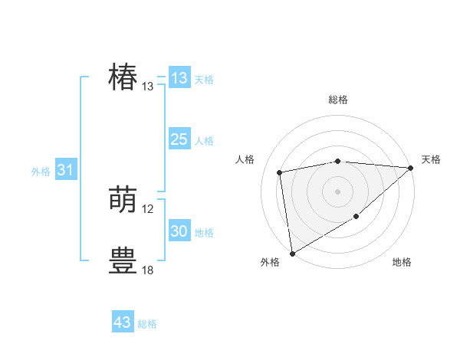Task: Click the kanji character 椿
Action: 123,78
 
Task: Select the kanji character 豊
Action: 123,260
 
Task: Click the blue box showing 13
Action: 179,78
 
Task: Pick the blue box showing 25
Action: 179,139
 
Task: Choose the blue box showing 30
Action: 179,231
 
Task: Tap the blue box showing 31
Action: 65,170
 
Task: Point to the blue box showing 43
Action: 123,322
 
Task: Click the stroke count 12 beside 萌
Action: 148,209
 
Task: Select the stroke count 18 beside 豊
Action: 148,270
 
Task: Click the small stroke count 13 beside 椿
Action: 148,87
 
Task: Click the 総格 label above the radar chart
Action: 338,100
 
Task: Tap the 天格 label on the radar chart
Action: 431,159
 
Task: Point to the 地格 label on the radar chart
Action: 402,263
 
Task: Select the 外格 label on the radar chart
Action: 270,263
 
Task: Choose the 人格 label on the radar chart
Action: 245,159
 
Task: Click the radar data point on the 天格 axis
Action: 411,168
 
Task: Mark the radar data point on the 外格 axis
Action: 292,254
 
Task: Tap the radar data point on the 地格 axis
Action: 356,218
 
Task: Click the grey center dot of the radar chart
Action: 337,191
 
